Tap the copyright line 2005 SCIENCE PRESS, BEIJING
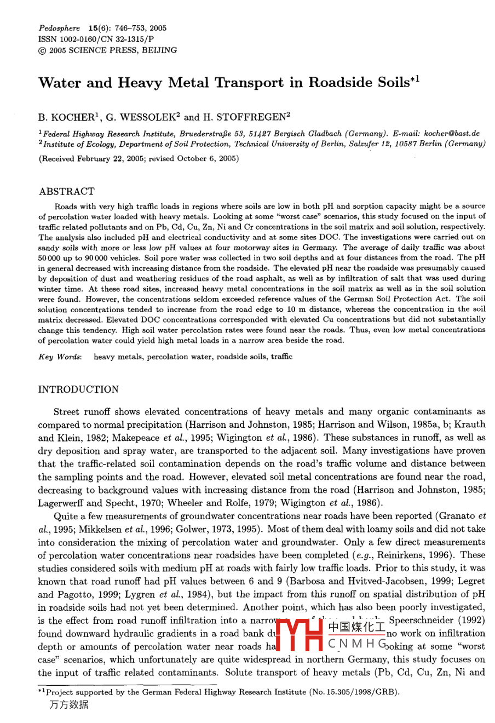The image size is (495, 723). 113,50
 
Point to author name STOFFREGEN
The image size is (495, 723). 250,117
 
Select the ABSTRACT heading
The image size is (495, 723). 66,191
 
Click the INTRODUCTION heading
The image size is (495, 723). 78,389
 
